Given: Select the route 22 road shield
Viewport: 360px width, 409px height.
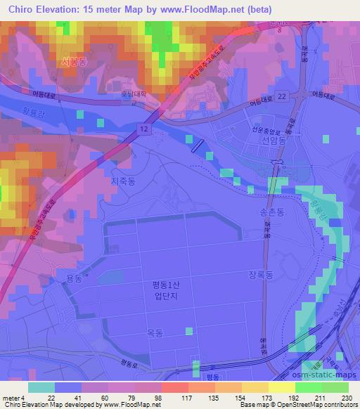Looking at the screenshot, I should click(x=281, y=96).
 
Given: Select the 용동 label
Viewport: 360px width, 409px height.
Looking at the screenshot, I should click(x=75, y=279).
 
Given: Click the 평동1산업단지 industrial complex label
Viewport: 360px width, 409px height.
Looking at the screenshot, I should click(x=166, y=290).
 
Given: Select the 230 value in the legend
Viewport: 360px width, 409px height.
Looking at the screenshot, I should click(x=347, y=398).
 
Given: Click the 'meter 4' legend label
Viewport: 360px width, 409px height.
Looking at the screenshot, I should click(x=12, y=398).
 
